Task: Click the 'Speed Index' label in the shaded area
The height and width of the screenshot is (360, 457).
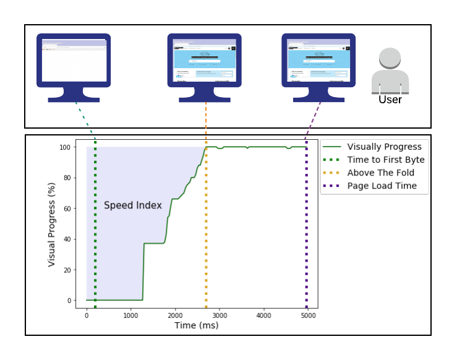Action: click(x=132, y=205)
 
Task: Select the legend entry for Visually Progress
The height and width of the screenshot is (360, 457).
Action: click(x=384, y=147)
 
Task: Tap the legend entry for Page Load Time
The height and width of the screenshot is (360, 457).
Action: click(x=382, y=186)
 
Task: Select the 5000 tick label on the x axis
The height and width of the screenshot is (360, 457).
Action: click(x=308, y=315)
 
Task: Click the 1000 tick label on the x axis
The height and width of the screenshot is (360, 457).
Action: click(x=130, y=315)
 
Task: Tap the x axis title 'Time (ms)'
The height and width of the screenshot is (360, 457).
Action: click(x=196, y=325)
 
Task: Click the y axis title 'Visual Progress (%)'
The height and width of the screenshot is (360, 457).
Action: click(x=53, y=224)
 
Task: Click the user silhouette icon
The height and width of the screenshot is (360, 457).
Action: click(x=390, y=69)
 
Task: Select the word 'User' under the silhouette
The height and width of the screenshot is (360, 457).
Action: click(x=390, y=100)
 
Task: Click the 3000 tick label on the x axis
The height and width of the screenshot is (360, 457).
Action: click(x=219, y=315)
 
